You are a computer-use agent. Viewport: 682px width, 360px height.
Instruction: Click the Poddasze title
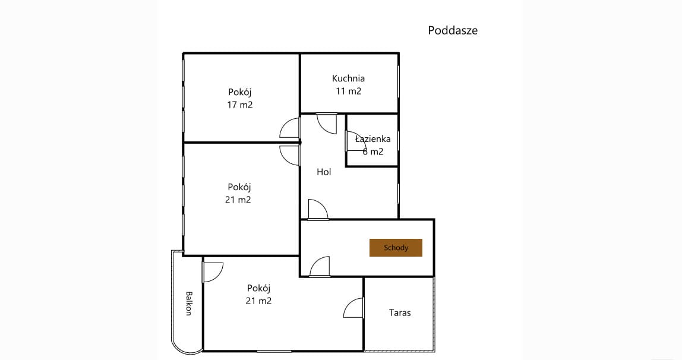pyautogui.click(x=453, y=30)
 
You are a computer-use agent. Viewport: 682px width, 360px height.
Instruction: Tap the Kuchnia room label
pyautogui.click(x=348, y=78)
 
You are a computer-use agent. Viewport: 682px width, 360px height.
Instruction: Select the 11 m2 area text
pyautogui.click(x=348, y=91)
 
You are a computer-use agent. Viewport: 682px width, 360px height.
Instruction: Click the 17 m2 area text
pyautogui.click(x=239, y=105)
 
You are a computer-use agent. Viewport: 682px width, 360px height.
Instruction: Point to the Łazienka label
pyautogui.click(x=372, y=138)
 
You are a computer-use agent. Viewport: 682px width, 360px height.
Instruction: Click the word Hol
pyautogui.click(x=324, y=172)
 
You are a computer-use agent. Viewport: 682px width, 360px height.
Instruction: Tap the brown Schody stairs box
pyautogui.click(x=396, y=248)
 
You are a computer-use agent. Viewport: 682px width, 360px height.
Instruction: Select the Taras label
pyautogui.click(x=400, y=312)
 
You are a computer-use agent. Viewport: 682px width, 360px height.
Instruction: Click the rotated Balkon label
pyautogui.click(x=189, y=303)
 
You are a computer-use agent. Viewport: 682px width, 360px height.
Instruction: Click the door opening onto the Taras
pyautogui.click(x=353, y=308)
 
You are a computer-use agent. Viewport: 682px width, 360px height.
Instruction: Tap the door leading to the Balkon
pyautogui.click(x=213, y=272)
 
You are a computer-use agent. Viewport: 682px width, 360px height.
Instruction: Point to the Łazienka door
pyautogui.click(x=356, y=141)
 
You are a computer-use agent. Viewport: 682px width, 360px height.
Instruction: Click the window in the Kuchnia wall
pyautogui.click(x=399, y=82)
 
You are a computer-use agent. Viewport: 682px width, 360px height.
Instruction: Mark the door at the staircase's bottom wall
pyautogui.click(x=319, y=267)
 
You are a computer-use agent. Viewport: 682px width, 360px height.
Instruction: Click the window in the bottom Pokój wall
pyautogui.click(x=274, y=351)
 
